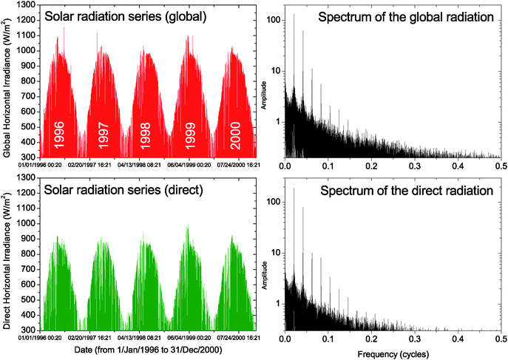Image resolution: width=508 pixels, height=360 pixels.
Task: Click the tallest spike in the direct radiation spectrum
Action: point(294,189)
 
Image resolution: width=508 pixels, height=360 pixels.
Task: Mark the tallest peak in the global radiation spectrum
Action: point(294,15)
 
